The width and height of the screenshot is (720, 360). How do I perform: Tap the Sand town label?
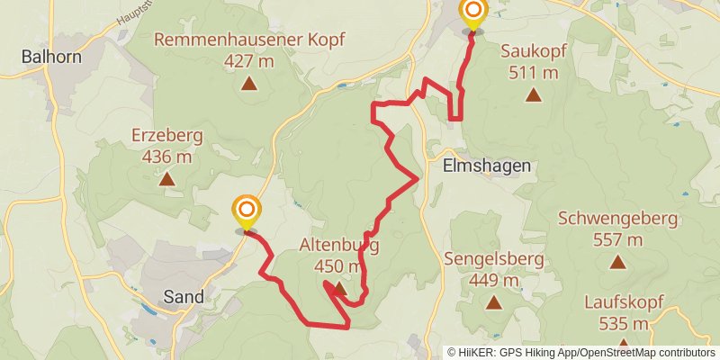[183, 296]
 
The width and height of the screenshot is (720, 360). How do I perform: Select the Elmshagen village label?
[487, 166]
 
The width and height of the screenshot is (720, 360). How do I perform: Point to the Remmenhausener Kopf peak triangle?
[248, 85]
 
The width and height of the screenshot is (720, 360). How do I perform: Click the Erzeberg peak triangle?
[166, 179]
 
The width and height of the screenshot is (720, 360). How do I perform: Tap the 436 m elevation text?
[166, 156]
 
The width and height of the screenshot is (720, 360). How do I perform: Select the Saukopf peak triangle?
[533, 94]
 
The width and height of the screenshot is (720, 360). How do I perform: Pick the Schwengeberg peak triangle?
[617, 263]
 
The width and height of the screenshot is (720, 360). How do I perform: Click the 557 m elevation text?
[617, 239]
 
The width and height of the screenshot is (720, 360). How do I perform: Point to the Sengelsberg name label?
[493, 260]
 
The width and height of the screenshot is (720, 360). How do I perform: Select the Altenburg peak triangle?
[337, 289]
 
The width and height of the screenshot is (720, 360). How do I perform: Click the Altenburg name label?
[339, 245]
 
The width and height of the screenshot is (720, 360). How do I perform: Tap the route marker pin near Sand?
[246, 213]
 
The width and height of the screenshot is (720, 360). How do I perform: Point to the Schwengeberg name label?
[617, 220]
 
